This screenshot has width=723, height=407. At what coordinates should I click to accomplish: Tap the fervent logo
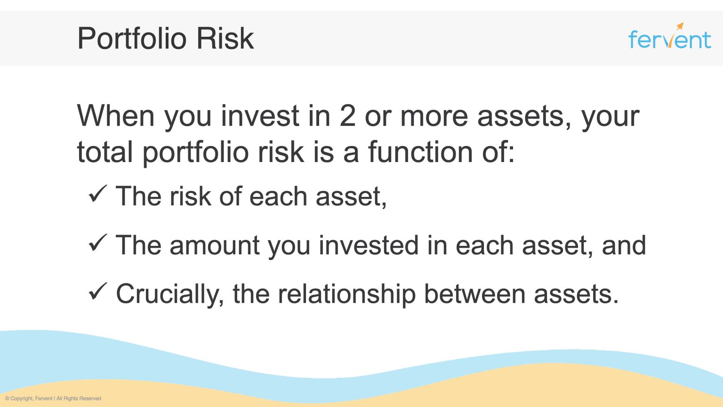point(669,38)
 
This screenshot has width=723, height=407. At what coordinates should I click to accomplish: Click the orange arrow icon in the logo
point(680,27)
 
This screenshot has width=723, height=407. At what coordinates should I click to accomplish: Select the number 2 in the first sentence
point(347,116)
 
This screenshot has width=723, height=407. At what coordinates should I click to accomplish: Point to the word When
point(116,116)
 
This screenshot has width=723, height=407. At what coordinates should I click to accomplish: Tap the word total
point(104,152)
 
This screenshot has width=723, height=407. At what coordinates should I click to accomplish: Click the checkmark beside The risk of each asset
point(98,194)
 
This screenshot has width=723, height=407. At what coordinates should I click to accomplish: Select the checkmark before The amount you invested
point(98,243)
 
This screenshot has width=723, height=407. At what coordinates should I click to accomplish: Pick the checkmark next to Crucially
point(98,292)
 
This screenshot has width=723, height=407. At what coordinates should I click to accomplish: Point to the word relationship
point(346,294)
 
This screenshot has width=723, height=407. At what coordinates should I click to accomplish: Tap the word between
point(474,294)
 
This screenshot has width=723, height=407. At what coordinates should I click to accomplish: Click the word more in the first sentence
point(434,116)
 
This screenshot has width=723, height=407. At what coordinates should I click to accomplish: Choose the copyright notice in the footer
point(53,399)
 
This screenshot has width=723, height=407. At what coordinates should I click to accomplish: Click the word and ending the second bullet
point(624,245)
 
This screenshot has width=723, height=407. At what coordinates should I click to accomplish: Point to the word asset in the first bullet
point(351,196)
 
